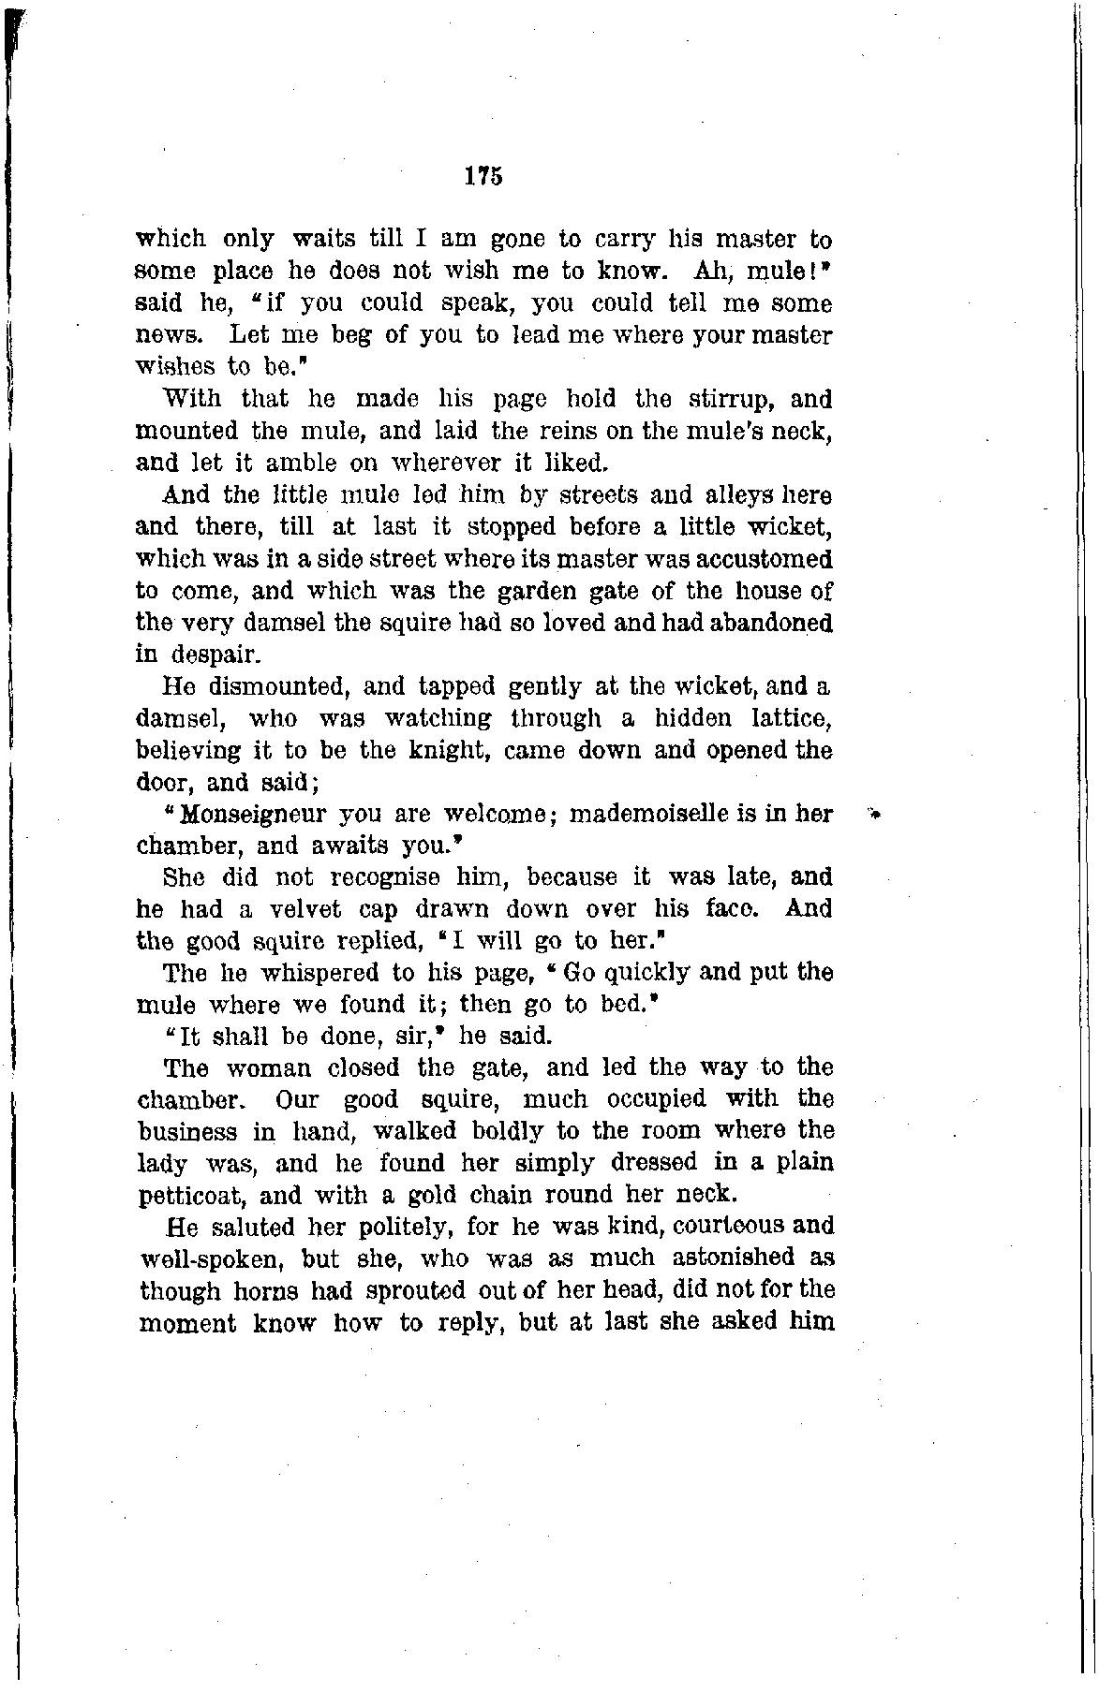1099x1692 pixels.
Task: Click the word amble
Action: tap(295, 463)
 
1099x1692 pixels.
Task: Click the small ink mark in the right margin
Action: tap(876, 816)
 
